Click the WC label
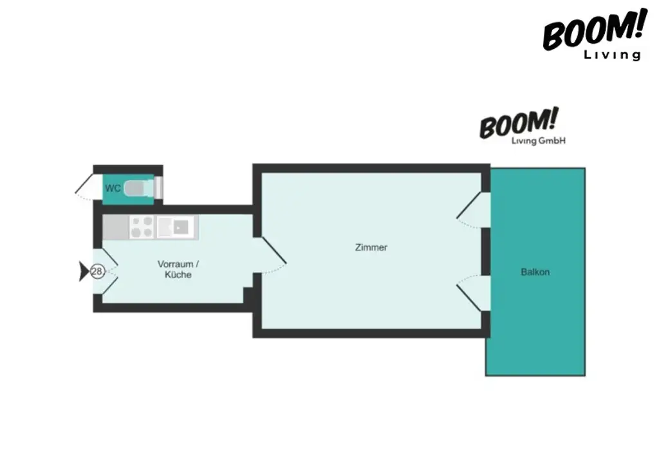pyautogui.click(x=113, y=189)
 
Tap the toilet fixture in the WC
pyautogui.click(x=136, y=189)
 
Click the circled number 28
pyautogui.click(x=97, y=272)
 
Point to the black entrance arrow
pyautogui.click(x=84, y=272)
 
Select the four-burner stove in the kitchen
pyautogui.click(x=142, y=227)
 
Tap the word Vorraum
pyautogui.click(x=175, y=264)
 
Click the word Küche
pyautogui.click(x=178, y=275)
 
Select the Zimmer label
pyautogui.click(x=371, y=247)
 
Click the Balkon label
pyautogui.click(x=535, y=272)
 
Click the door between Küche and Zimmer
pyautogui.click(x=272, y=255)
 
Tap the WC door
pyautogui.click(x=84, y=187)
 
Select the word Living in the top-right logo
pyautogui.click(x=612, y=55)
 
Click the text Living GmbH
pyautogui.click(x=538, y=140)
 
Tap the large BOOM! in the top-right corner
pyautogui.click(x=593, y=32)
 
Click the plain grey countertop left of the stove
pyautogui.click(x=116, y=227)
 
